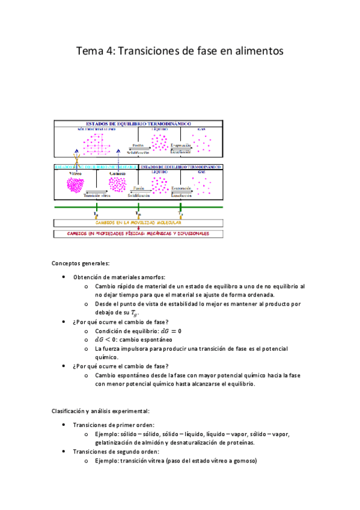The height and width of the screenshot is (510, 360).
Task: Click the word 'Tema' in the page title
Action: click(90, 52)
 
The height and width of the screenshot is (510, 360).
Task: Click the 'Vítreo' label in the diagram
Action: click(76, 173)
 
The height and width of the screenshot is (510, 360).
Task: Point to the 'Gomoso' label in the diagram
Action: click(117, 173)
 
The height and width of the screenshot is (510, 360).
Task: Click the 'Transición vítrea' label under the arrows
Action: click(96, 196)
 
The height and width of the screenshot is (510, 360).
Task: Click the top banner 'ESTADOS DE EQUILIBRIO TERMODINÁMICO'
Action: click(139, 123)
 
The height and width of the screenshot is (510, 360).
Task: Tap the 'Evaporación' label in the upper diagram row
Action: click(181, 146)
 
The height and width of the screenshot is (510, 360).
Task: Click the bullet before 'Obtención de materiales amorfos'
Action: click(64, 277)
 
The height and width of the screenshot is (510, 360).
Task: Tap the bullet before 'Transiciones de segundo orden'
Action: click(64, 452)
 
